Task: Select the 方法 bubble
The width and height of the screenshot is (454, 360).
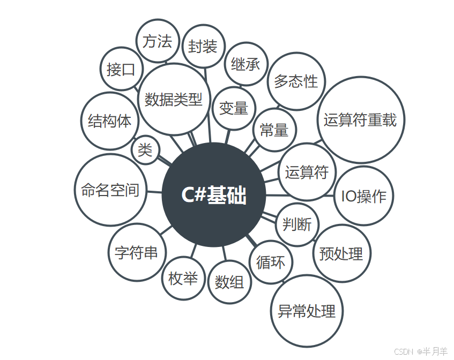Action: click(x=158, y=41)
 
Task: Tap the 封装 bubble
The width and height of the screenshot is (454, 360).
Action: click(x=203, y=47)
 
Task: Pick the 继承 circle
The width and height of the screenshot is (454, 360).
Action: click(x=245, y=64)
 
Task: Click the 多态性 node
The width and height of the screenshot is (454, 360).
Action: click(x=296, y=81)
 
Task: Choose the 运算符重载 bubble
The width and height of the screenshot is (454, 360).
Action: click(x=360, y=120)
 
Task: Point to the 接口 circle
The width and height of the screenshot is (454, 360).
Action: click(x=121, y=69)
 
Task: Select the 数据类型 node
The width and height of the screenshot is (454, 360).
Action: click(x=174, y=99)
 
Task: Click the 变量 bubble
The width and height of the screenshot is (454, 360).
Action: click(x=234, y=108)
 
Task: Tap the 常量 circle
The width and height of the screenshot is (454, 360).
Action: click(x=274, y=130)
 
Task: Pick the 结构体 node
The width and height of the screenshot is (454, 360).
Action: click(x=110, y=121)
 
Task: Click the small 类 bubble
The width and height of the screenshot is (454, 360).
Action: click(x=145, y=150)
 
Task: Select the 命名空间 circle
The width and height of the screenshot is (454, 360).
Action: click(x=110, y=190)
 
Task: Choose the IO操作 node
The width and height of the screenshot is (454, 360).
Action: click(x=364, y=196)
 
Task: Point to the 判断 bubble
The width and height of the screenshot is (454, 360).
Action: click(x=297, y=224)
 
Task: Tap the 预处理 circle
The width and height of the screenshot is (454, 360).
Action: click(x=341, y=253)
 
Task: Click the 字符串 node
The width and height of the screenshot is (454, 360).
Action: click(x=137, y=252)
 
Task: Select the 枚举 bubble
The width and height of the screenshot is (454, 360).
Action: click(x=183, y=279)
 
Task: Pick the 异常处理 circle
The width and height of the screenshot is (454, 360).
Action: click(x=307, y=311)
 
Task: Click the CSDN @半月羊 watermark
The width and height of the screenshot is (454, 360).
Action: click(x=421, y=351)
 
